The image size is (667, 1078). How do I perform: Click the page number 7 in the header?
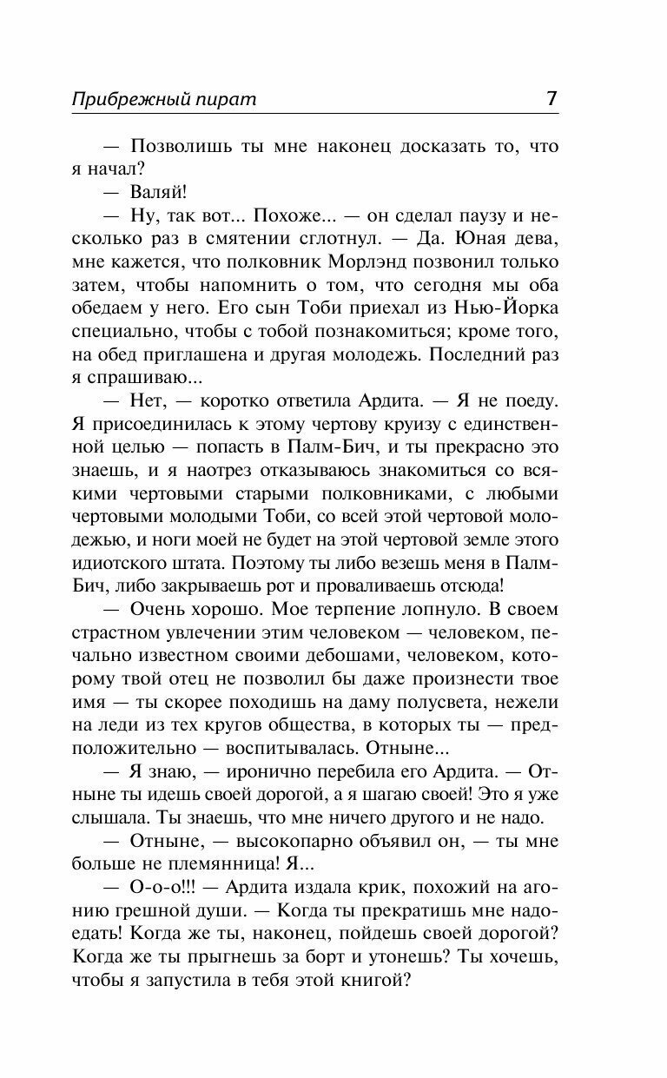pyautogui.click(x=551, y=98)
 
